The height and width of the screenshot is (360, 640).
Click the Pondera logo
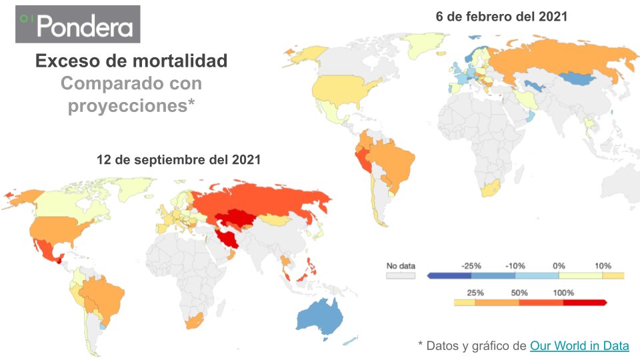pyautogui.click(x=78, y=25)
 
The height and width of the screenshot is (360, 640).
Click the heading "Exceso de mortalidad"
pyautogui.click(x=131, y=61)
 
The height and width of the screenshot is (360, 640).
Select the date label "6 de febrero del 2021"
pyautogui.click(x=501, y=17)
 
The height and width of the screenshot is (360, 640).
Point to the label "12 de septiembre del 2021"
pyautogui.click(x=179, y=160)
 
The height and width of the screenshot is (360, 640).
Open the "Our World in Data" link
pyautogui.click(x=579, y=345)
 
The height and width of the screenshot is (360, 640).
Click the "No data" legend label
pyautogui.click(x=401, y=266)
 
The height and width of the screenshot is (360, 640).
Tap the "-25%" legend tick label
pyautogui.click(x=471, y=266)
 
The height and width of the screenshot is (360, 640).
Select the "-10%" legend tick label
pyautogui.click(x=515, y=266)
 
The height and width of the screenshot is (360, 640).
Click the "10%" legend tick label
pyautogui.click(x=603, y=266)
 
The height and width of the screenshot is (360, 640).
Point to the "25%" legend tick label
pyautogui.click(x=475, y=293)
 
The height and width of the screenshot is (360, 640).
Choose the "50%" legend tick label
pyautogui.click(x=519, y=293)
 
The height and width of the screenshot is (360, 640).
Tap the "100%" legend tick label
pyautogui.click(x=563, y=293)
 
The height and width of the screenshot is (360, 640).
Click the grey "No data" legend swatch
pyautogui.click(x=401, y=275)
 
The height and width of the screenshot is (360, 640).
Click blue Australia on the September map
pyautogui.click(x=321, y=317)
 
